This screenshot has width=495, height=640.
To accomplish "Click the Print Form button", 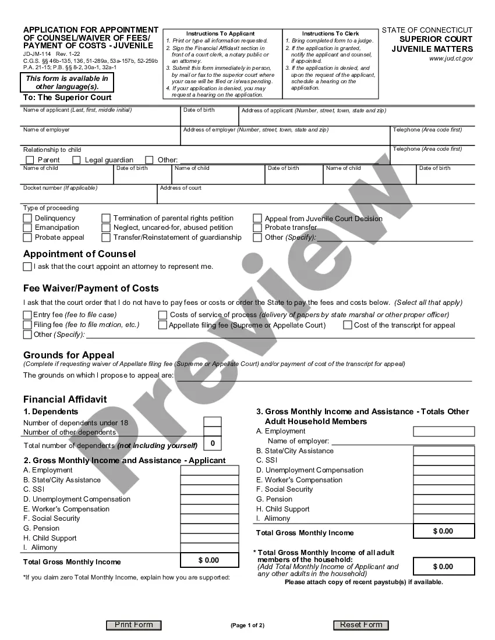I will click(x=133, y=625).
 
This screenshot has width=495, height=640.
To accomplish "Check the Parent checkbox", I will click(x=30, y=160).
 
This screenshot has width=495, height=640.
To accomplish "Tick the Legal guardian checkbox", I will click(x=76, y=160).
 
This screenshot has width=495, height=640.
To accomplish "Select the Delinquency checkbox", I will click(x=27, y=218).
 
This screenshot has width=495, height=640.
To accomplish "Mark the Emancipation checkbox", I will click(x=27, y=228).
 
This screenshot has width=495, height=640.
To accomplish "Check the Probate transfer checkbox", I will click(x=257, y=228).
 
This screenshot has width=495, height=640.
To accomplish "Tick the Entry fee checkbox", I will click(x=27, y=315).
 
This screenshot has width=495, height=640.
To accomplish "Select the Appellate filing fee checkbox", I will click(x=162, y=325).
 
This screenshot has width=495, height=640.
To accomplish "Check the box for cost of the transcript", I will click(x=347, y=325).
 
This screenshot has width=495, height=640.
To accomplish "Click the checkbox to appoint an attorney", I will click(x=27, y=266).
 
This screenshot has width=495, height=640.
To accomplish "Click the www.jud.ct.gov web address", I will click(x=451, y=58).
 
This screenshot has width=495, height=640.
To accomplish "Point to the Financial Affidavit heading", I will click(x=65, y=400).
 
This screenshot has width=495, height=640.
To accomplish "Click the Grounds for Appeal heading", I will click(x=69, y=355).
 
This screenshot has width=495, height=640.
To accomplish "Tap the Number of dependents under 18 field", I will click(x=212, y=422).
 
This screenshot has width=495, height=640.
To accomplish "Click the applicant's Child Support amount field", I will click(x=210, y=538).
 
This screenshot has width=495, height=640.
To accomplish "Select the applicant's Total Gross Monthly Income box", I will click(x=210, y=560).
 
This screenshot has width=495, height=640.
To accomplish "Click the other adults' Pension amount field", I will click(x=444, y=499).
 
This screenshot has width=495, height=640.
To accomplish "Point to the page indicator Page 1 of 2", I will click(x=248, y=625).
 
